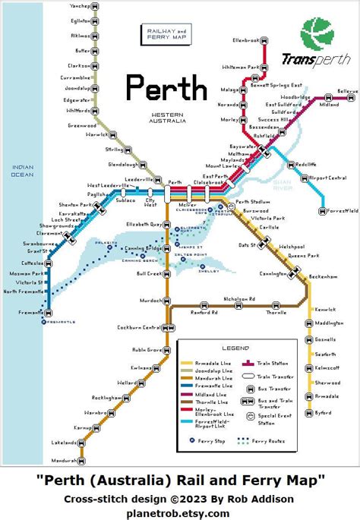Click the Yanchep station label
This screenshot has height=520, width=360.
click(x=78, y=6)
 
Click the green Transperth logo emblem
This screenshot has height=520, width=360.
click(x=317, y=34)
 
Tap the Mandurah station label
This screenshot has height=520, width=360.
click(x=64, y=461)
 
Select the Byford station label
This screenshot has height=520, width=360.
click(x=324, y=413)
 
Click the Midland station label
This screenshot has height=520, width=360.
click(x=329, y=105)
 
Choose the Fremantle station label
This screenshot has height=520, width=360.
click(x=28, y=312)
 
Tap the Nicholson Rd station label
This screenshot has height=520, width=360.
click(x=238, y=298)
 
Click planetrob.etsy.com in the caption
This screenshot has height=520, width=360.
click(x=179, y=513)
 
